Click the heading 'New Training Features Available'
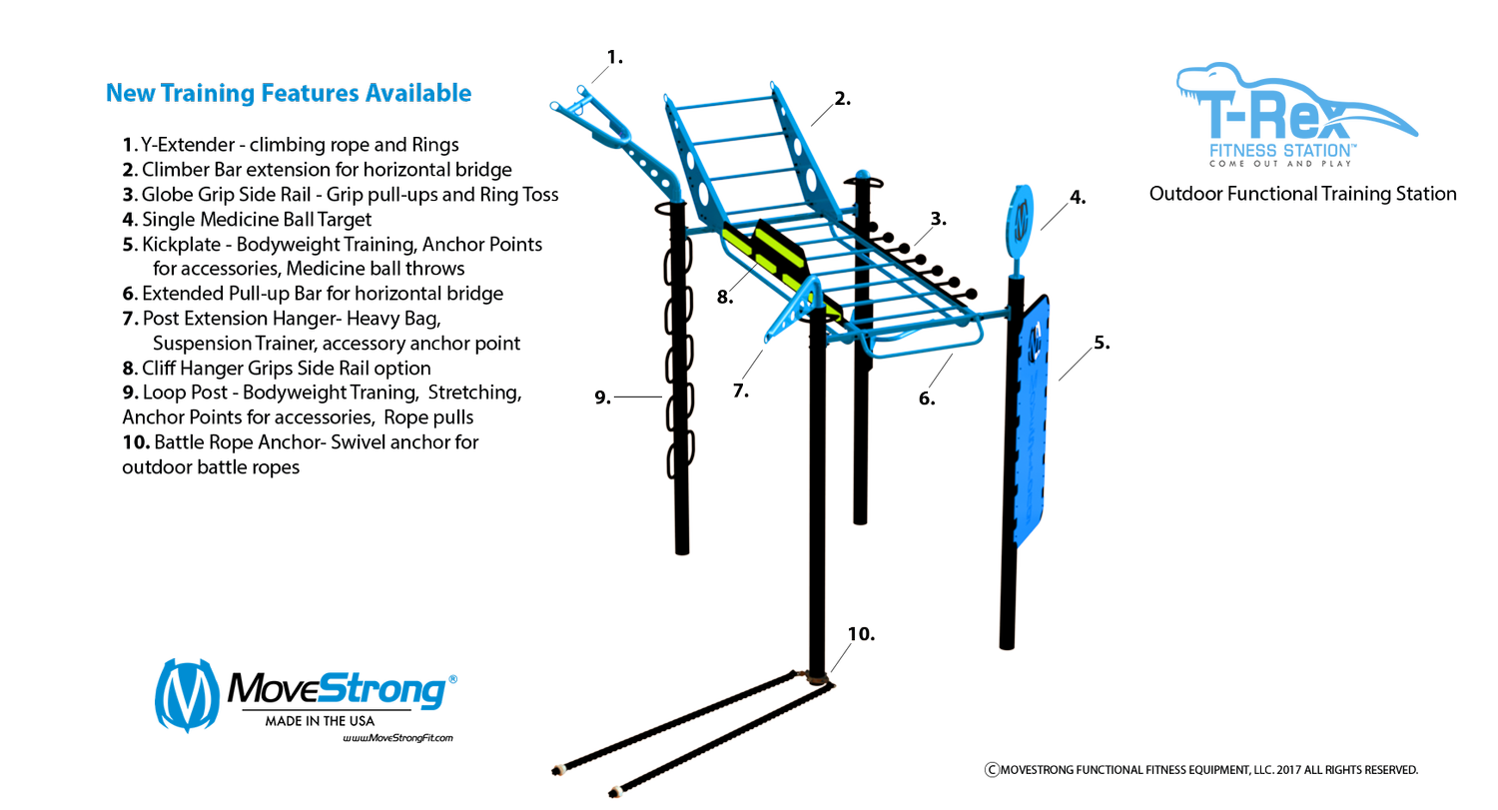pyautogui.click(x=289, y=93)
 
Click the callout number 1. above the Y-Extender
pyautogui.click(x=614, y=58)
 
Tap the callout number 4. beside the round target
pyautogui.click(x=1078, y=198)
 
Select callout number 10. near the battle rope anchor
pyautogui.click(x=861, y=634)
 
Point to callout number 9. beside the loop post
pyautogui.click(x=602, y=398)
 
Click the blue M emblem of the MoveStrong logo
pyautogui.click(x=188, y=695)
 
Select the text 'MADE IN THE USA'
pyautogui.click(x=320, y=721)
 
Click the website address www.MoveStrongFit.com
pyautogui.click(x=397, y=738)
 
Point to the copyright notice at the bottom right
pyautogui.click(x=1201, y=770)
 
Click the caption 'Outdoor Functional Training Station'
pyautogui.click(x=1302, y=194)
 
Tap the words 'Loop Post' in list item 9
pyautogui.click(x=185, y=393)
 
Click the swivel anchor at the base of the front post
pyautogui.click(x=816, y=677)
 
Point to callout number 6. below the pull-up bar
pyautogui.click(x=926, y=399)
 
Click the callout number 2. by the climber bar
pyautogui.click(x=843, y=99)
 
